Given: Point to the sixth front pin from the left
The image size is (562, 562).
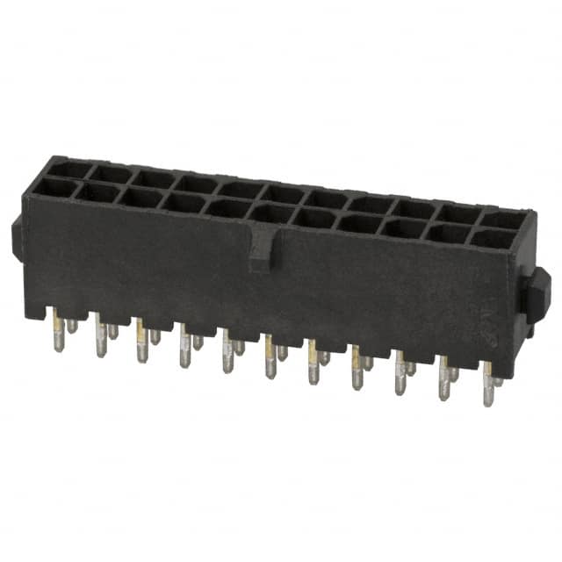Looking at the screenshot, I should pos(270,360).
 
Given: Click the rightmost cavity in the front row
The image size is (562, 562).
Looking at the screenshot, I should pos(493,238).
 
